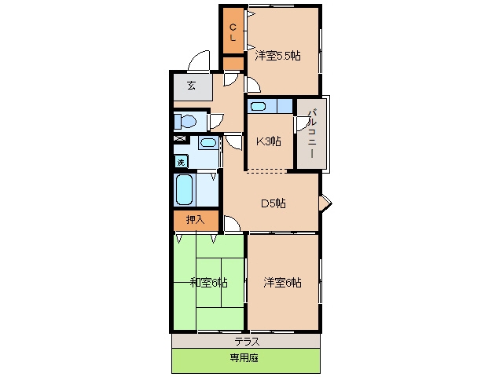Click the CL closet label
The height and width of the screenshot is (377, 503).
[x=233, y=32]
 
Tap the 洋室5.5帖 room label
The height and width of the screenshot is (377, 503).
[x=277, y=56]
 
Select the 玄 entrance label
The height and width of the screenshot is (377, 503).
[x=192, y=86]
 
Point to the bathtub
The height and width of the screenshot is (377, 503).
[x=184, y=190]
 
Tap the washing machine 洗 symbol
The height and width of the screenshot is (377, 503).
[x=182, y=162]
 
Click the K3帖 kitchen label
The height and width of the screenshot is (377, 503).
[x=269, y=141]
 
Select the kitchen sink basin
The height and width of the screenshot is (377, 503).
[x=258, y=106]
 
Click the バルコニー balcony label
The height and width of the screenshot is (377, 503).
[x=312, y=134]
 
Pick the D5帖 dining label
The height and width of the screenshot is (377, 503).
[x=274, y=203]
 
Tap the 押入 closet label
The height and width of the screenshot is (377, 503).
[x=196, y=220]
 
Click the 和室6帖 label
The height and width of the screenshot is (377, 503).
[x=209, y=283]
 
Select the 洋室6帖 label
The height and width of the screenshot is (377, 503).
[x=282, y=283]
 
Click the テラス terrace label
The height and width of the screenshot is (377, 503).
[x=247, y=342]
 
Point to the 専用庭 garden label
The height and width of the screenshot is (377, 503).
[x=244, y=358]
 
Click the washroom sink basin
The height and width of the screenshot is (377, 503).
[x=208, y=142]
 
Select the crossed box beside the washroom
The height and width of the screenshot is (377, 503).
[x=181, y=139]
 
